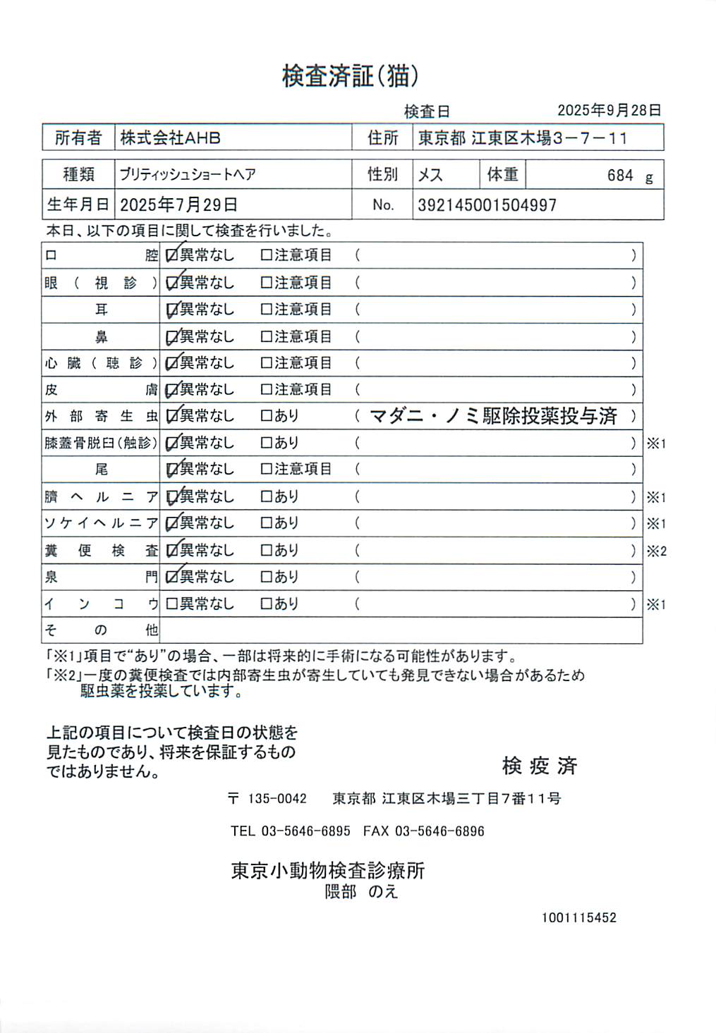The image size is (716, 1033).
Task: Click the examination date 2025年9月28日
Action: coord(609,111)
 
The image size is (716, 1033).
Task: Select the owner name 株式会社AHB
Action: coord(170,138)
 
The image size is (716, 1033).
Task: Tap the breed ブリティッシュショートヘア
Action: coord(188,175)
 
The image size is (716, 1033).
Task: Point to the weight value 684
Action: coord(620,176)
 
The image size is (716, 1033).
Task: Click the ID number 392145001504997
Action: coord(487,206)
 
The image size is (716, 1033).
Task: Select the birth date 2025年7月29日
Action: coord(178,205)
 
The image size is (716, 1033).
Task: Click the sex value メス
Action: coord(430,175)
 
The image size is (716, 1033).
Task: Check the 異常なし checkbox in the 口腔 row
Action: coord(171,255)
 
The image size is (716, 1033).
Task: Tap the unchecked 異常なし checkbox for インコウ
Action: coord(171,604)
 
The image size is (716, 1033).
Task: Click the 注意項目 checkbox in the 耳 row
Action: coord(266,310)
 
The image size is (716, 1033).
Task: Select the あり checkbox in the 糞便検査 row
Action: coord(266,551)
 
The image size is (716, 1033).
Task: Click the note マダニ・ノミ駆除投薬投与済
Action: coord(493,417)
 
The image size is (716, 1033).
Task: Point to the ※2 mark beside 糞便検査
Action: coord(656,551)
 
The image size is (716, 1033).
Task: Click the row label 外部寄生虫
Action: coord(101,417)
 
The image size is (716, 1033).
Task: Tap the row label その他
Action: coord(101,630)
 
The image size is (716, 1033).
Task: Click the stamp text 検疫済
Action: coord(540,766)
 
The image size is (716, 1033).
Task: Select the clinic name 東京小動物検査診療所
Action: coord(328,871)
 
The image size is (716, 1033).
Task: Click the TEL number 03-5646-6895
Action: coord(305,831)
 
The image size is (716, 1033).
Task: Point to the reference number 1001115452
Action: coord(578,918)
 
